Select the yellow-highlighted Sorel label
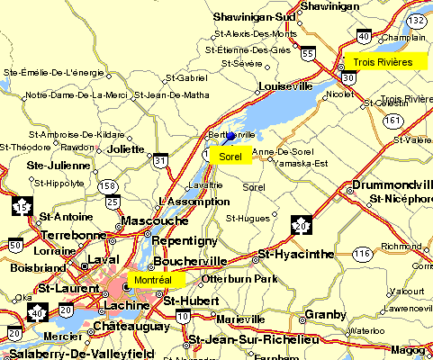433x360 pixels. click(230, 157)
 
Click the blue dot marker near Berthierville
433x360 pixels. click(230, 136)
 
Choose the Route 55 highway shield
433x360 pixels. click(308, 53)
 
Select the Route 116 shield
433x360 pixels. click(363, 256)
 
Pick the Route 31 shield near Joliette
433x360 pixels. click(160, 161)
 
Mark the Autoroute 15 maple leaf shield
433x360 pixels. click(20, 207)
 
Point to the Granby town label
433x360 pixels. click(325, 315)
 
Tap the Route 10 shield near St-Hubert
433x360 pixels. click(183, 317)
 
